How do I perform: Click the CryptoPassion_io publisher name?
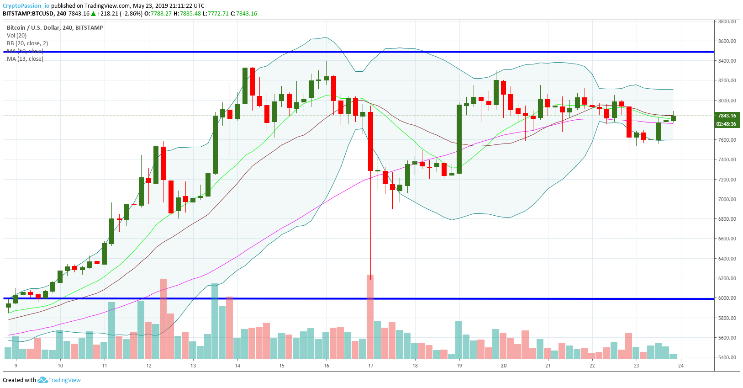point(26,6)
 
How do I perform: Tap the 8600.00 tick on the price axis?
point(727,41)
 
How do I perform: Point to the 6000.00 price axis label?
point(727,298)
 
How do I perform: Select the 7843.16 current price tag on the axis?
point(727,116)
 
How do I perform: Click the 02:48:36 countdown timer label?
point(726,124)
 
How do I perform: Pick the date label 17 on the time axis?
point(371,366)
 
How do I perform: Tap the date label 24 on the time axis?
point(681,366)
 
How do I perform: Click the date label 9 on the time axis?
point(16,366)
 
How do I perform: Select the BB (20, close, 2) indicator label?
point(27,43)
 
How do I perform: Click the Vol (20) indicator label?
point(17,36)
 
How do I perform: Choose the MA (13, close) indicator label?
point(25,59)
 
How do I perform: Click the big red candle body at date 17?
point(370,141)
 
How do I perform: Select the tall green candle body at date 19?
point(459,139)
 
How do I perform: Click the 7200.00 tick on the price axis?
point(727,180)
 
